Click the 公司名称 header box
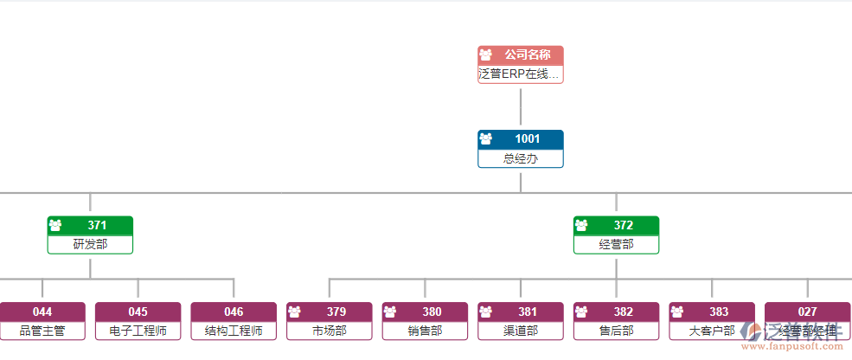pos(521,55)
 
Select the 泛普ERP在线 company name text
pos(520,74)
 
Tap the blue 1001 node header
pos(521,138)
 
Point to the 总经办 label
pos(521,158)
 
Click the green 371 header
pos(90,225)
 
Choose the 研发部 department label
pos(90,245)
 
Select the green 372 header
pos(617,225)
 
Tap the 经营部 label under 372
pos(617,245)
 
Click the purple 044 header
pos(42,312)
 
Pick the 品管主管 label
pos(42,331)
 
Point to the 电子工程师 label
pos(138,331)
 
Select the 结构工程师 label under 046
pos(234,331)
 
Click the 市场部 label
pos(330,331)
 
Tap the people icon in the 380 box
pos(390,312)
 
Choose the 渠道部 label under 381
pos(521,331)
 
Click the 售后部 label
pos(617,331)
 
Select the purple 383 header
pos(712,312)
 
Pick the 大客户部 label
pos(712,331)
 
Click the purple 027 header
pos(808,312)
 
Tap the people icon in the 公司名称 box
pos(486,55)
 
